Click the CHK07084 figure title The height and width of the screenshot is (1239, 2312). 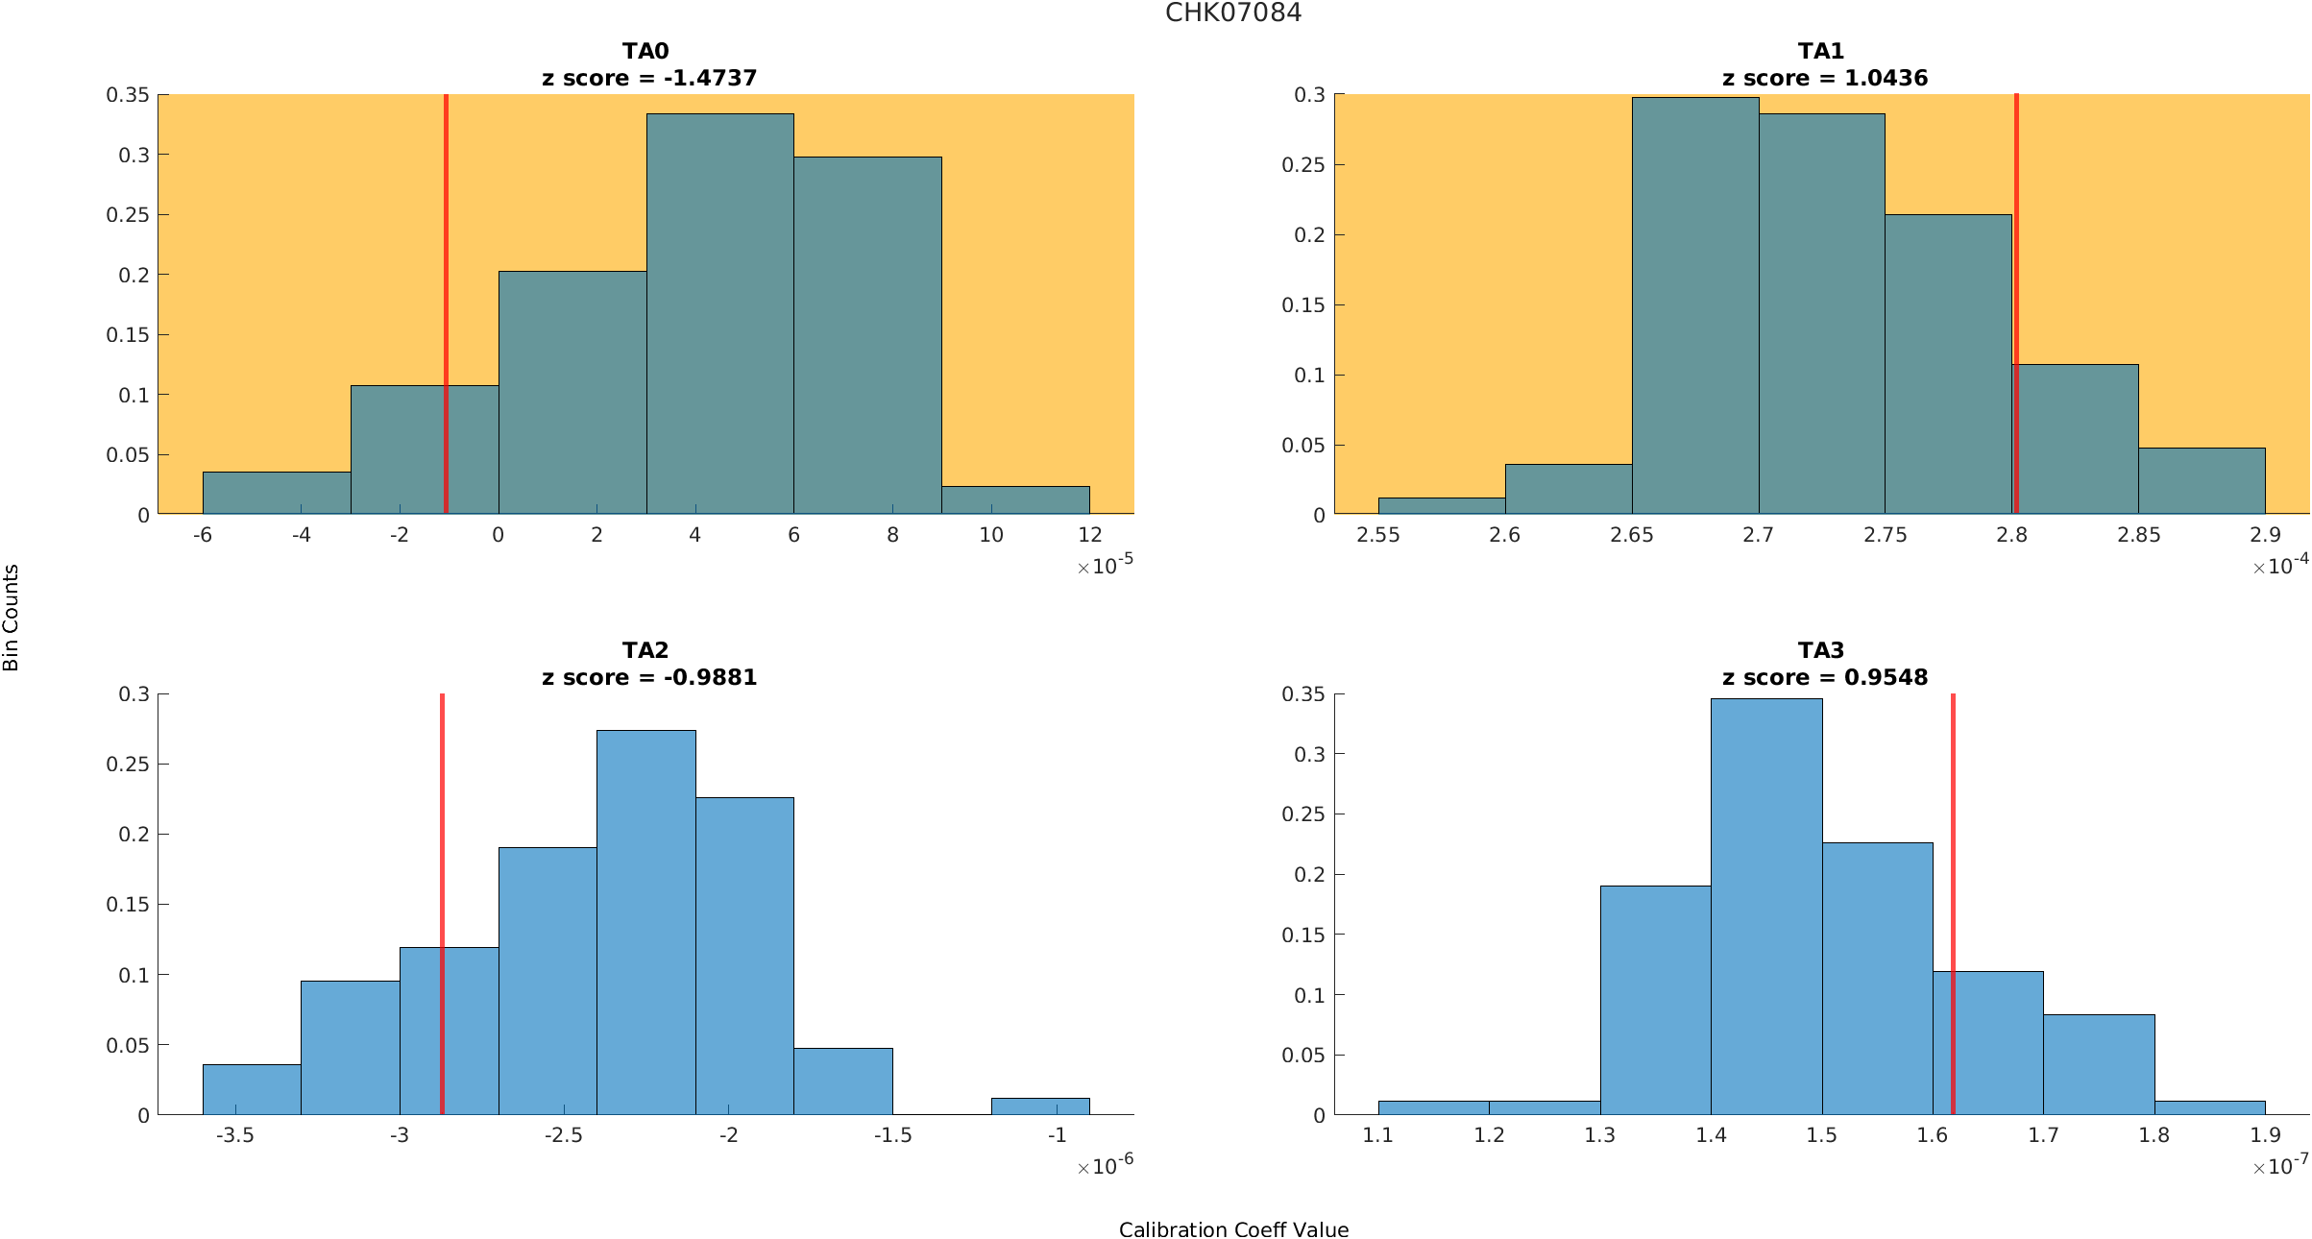click(x=1233, y=13)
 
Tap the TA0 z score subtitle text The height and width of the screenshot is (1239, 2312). click(x=649, y=79)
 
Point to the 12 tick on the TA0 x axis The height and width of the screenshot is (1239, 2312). click(x=1089, y=535)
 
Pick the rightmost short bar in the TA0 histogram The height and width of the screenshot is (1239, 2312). click(x=1015, y=500)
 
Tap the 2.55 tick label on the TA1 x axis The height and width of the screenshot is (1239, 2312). click(x=1377, y=535)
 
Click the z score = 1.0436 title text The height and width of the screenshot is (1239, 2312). click(x=1825, y=79)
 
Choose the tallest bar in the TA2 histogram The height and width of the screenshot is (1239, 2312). click(x=645, y=922)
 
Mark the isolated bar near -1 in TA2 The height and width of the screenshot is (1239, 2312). click(x=1040, y=1106)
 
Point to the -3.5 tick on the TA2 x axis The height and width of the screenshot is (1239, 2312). click(x=234, y=1135)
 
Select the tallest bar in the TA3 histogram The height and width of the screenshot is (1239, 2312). click(x=1766, y=907)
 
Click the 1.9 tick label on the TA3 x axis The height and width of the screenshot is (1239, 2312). click(x=2265, y=1135)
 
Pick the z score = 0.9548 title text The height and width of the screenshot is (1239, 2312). click(x=1825, y=678)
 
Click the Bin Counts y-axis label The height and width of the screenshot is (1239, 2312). click(x=12, y=617)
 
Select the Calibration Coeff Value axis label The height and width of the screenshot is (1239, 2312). click(x=1233, y=1230)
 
